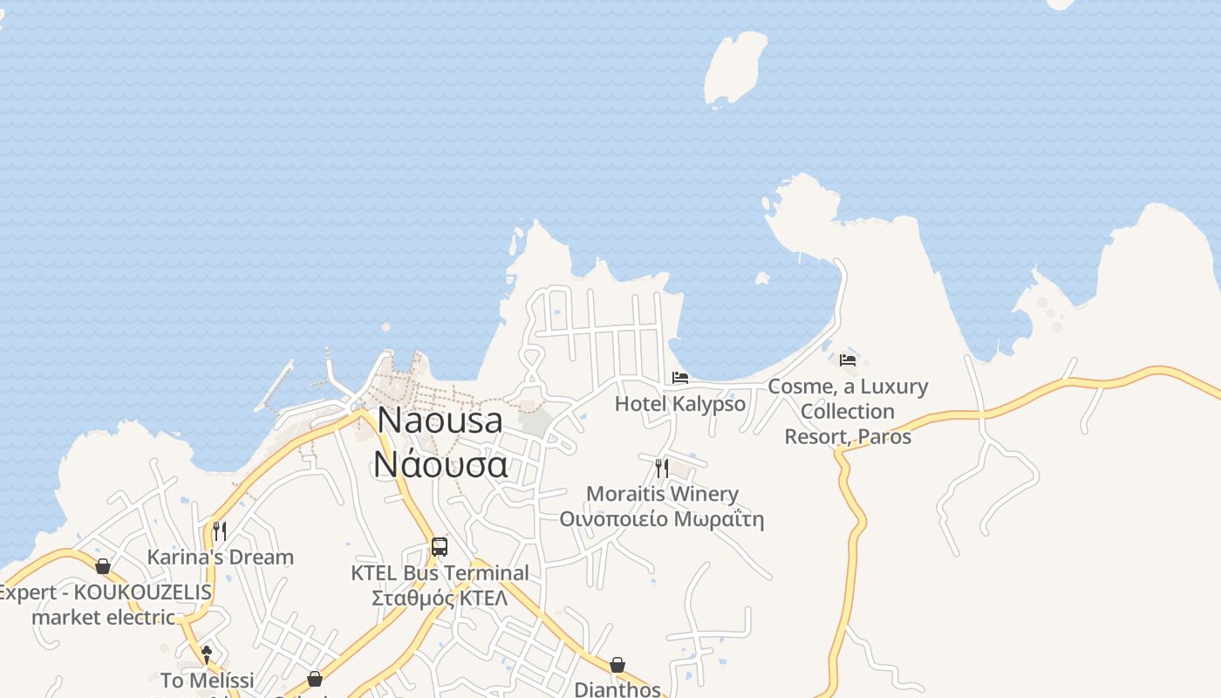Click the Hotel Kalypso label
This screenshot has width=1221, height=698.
click(x=680, y=404)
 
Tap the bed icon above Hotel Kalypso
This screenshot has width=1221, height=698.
click(x=680, y=378)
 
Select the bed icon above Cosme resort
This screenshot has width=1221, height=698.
click(x=848, y=359)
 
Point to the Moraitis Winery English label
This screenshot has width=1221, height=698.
click(x=662, y=494)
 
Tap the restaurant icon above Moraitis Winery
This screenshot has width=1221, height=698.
click(x=662, y=469)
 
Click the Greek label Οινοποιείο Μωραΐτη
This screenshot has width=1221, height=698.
click(x=662, y=520)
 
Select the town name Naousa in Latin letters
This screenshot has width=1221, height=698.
click(x=440, y=421)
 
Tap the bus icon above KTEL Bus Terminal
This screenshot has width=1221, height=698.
click(x=440, y=547)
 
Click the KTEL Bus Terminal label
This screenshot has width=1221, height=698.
click(x=440, y=573)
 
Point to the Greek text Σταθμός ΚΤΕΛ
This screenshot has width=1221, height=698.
click(x=440, y=599)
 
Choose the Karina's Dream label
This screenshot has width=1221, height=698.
click(x=220, y=557)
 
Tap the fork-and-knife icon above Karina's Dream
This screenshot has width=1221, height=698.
click(x=220, y=531)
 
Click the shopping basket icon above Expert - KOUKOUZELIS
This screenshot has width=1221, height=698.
click(x=103, y=566)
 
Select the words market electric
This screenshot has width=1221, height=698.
click(x=104, y=617)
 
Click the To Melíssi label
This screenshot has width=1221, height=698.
click(x=208, y=680)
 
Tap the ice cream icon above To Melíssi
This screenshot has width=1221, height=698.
click(x=207, y=654)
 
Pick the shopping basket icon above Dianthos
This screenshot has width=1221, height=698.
click(x=617, y=665)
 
